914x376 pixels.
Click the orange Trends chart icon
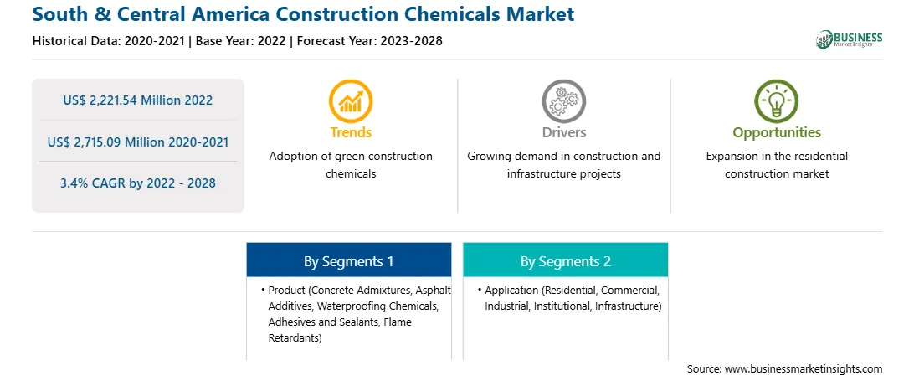coord(351,100)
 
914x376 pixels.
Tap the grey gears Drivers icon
coord(563,100)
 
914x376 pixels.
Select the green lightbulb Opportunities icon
coord(777,100)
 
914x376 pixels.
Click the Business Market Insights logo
coord(850,39)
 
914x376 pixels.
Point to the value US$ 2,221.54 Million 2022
coord(137,100)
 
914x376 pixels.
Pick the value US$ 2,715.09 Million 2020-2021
coord(137,142)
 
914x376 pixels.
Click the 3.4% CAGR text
coord(137,183)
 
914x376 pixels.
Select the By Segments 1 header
coord(348,261)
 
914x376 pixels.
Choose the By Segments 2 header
coord(566,261)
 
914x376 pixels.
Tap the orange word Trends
coord(351,132)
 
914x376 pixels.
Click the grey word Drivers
coord(563,132)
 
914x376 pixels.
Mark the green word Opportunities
coord(777,133)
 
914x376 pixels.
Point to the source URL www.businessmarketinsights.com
coord(804,369)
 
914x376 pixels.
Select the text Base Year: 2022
coord(241,41)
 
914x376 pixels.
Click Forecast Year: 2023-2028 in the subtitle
coord(368,41)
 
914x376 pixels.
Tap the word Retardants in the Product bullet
coord(295,338)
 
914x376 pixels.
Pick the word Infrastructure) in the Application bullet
coord(629,306)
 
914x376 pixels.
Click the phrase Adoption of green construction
coord(351,157)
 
